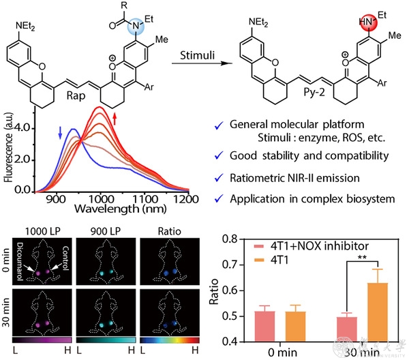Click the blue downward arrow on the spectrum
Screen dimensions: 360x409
tap(60, 130)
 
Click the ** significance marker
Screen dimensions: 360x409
tap(359, 257)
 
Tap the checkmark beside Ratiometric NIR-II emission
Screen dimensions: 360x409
tap(217, 178)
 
